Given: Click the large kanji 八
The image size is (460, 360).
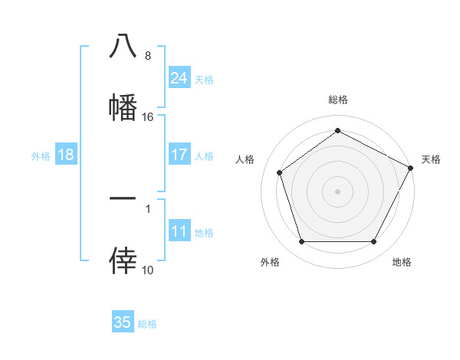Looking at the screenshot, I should pos(123,47).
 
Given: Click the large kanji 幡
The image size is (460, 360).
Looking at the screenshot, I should pos(123,107).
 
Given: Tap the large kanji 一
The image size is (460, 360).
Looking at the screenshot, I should pos(123,199).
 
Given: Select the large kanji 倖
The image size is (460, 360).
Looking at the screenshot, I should pos(123,260).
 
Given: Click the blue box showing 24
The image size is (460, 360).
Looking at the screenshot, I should pos(179,77).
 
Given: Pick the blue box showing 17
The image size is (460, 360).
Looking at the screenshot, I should pos(179,155).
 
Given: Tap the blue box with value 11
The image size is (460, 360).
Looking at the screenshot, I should pos(179,231).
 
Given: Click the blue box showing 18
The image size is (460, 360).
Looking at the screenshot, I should pos(66,155).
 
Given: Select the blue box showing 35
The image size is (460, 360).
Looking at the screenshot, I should pos(123,322).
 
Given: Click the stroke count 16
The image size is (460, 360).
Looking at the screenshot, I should pos(148,117).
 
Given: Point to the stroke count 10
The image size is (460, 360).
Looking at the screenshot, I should pos(148,270).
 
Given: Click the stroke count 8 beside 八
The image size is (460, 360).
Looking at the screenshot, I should pos(148,56).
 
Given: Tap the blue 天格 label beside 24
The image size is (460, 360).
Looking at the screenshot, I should pos(204,79).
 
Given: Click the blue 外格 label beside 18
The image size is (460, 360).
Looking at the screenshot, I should pos(41,155).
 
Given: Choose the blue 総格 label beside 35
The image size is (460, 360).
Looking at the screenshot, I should pos(147,324).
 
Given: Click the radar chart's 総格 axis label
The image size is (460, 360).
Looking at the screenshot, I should pos(337,100).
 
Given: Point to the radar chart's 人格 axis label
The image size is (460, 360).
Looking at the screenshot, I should pos(245,159).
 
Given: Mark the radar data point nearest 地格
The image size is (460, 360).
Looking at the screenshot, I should pos(374,242).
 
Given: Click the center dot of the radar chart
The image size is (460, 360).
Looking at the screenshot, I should pos(337,191).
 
